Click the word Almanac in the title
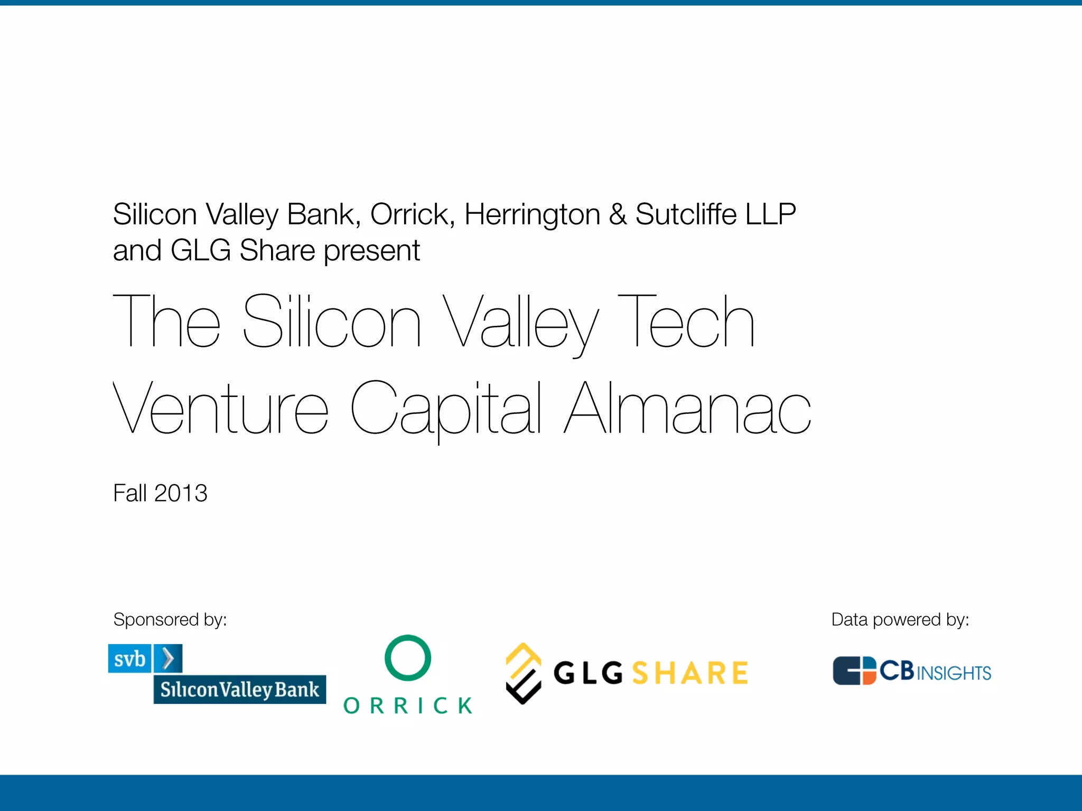(x=687, y=408)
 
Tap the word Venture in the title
(x=221, y=408)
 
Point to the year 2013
(x=181, y=493)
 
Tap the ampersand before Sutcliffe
(x=617, y=214)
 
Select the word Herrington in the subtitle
(x=532, y=214)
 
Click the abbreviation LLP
(x=770, y=214)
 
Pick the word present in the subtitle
(x=372, y=250)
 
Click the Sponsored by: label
(x=170, y=619)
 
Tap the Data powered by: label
(x=900, y=619)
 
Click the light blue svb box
(x=129, y=658)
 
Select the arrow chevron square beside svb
(x=168, y=658)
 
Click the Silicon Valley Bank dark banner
(x=239, y=689)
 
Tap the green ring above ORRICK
(x=408, y=658)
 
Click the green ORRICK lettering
(x=408, y=705)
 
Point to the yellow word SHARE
(x=690, y=673)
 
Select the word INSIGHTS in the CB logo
(x=954, y=673)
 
